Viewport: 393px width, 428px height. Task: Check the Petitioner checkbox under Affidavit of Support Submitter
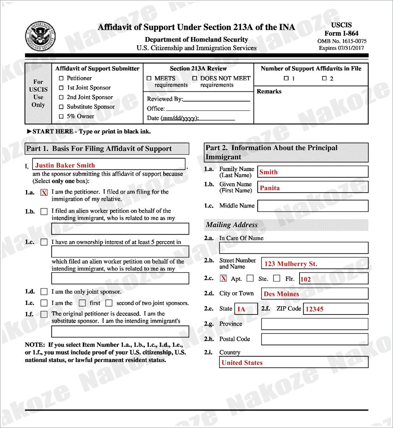(61, 78)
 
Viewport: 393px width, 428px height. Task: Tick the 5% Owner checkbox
(61, 116)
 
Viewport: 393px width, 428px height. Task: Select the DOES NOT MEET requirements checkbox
(195, 78)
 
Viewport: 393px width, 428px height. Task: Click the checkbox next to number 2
(325, 78)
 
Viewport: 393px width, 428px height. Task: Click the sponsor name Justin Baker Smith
(65, 165)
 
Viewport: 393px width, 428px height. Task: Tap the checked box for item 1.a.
(44, 193)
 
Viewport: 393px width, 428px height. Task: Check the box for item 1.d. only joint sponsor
(44, 292)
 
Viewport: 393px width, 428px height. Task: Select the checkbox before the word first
(82, 303)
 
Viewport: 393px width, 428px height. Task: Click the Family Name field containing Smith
(313, 172)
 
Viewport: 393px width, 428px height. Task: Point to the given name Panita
(270, 188)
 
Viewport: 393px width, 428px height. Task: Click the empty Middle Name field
(313, 206)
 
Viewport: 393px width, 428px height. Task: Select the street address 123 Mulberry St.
(291, 264)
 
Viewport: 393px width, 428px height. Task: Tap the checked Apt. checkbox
(224, 278)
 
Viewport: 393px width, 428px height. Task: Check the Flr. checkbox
(277, 278)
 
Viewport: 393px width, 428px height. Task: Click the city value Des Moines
(281, 294)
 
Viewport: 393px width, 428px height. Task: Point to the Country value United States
(242, 363)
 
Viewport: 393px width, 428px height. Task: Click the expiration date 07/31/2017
(352, 48)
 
